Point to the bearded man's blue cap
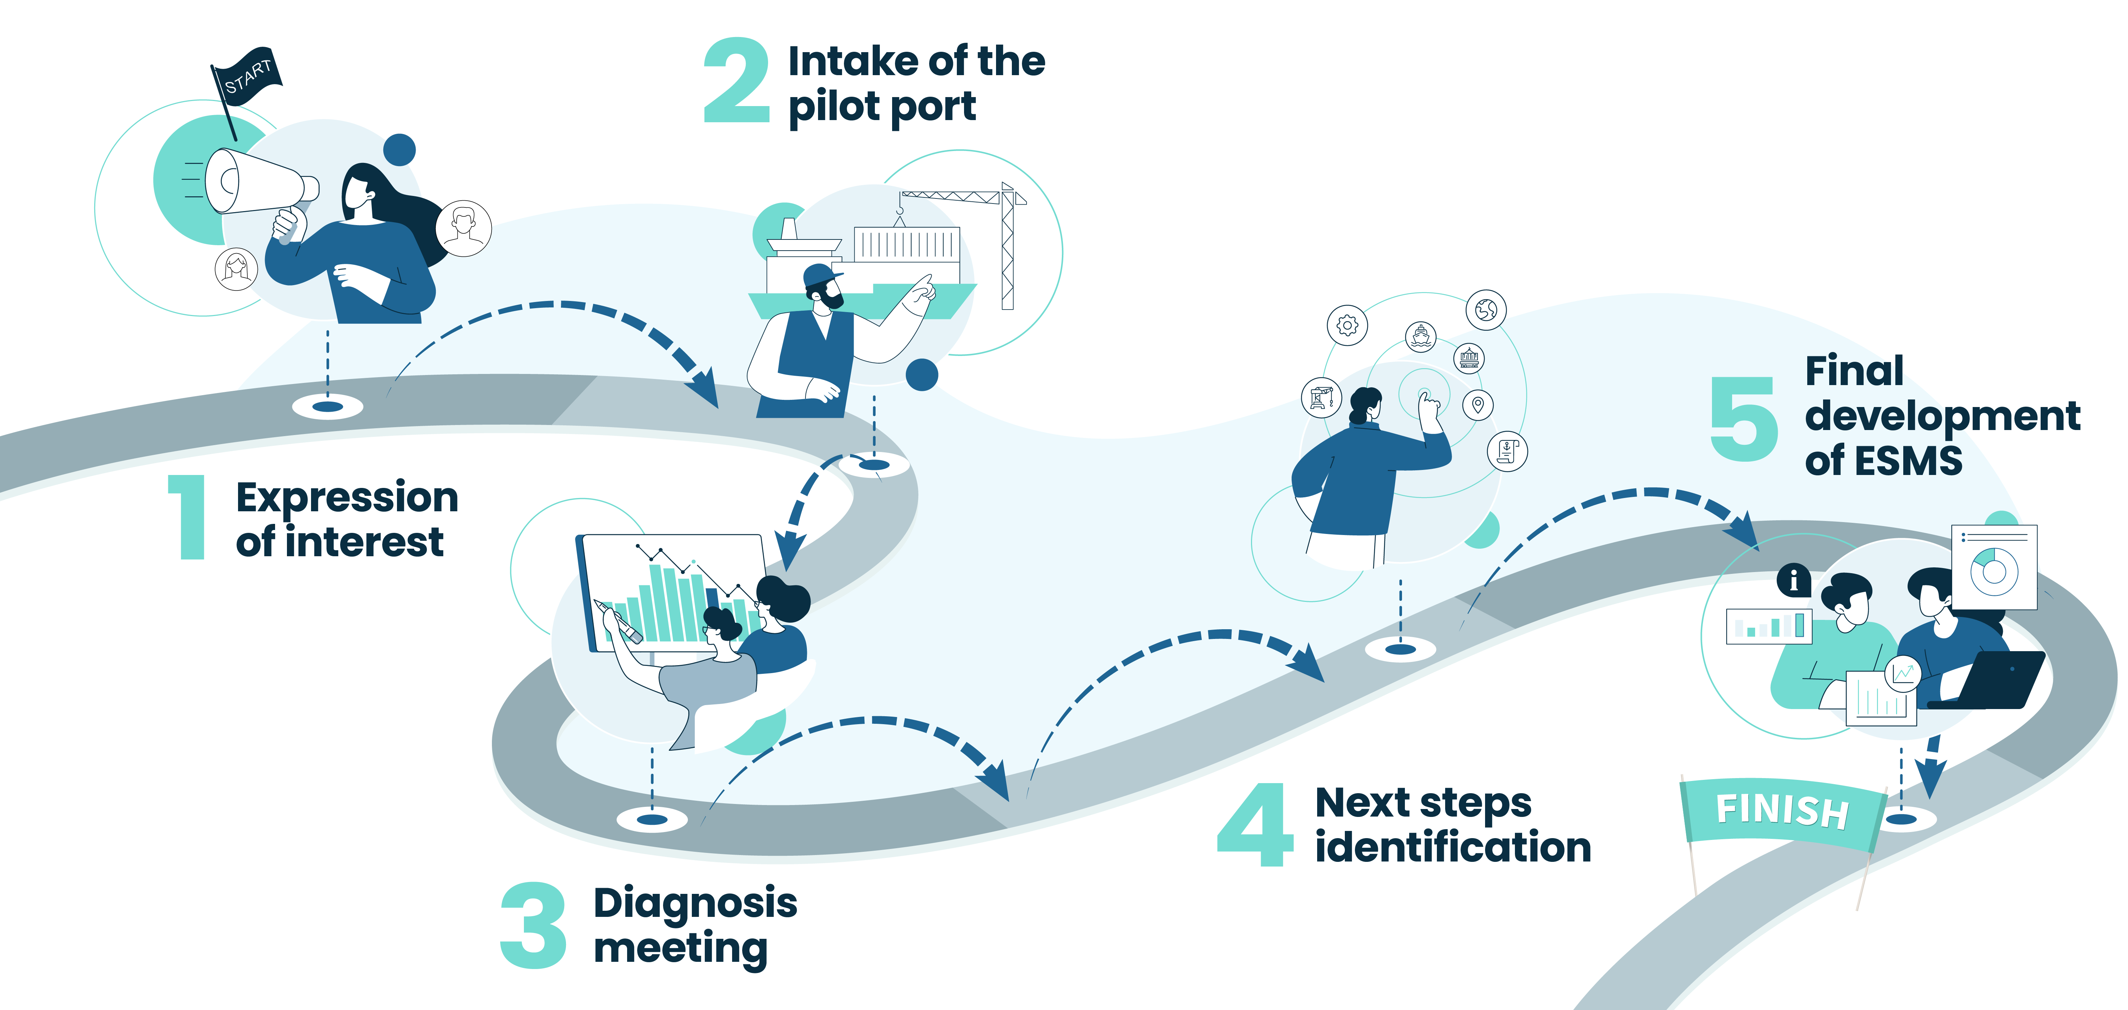point(823,275)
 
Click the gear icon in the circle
point(1347,325)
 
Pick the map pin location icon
point(1478,405)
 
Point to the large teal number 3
point(534,926)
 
